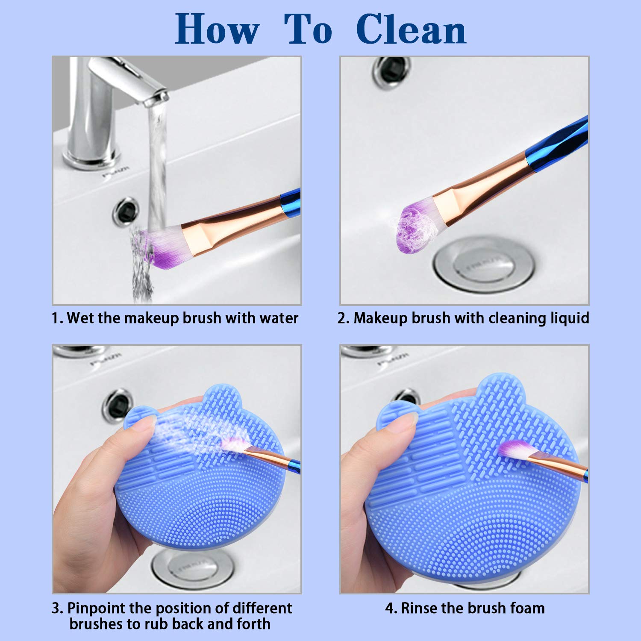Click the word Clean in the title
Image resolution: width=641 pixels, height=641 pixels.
coord(411,29)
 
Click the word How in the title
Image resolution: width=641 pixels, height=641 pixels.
coord(217,29)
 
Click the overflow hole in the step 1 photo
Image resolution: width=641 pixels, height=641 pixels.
coord(126,211)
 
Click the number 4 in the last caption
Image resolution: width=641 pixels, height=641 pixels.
coord(388,608)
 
